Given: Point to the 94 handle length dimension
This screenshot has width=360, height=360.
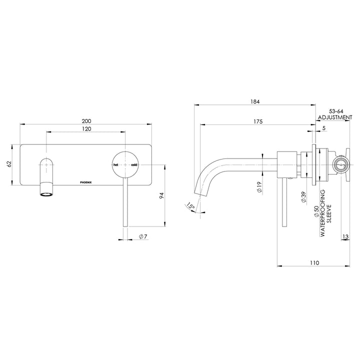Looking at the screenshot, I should coord(161,196).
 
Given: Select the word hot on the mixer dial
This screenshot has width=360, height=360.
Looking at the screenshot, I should coord(115,164).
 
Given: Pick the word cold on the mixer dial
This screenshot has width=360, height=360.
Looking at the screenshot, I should coord(134,164).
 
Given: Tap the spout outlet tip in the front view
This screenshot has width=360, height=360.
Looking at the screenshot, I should coord(45,192).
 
